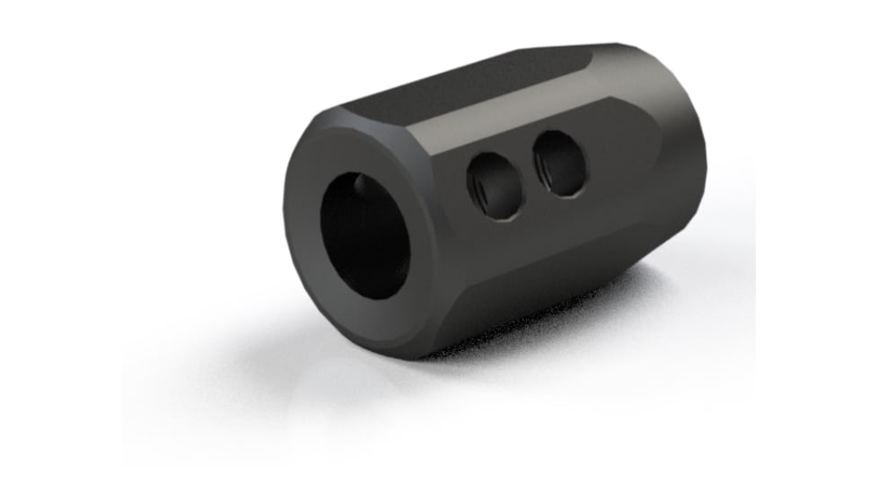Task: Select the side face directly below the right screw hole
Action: (566, 225)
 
